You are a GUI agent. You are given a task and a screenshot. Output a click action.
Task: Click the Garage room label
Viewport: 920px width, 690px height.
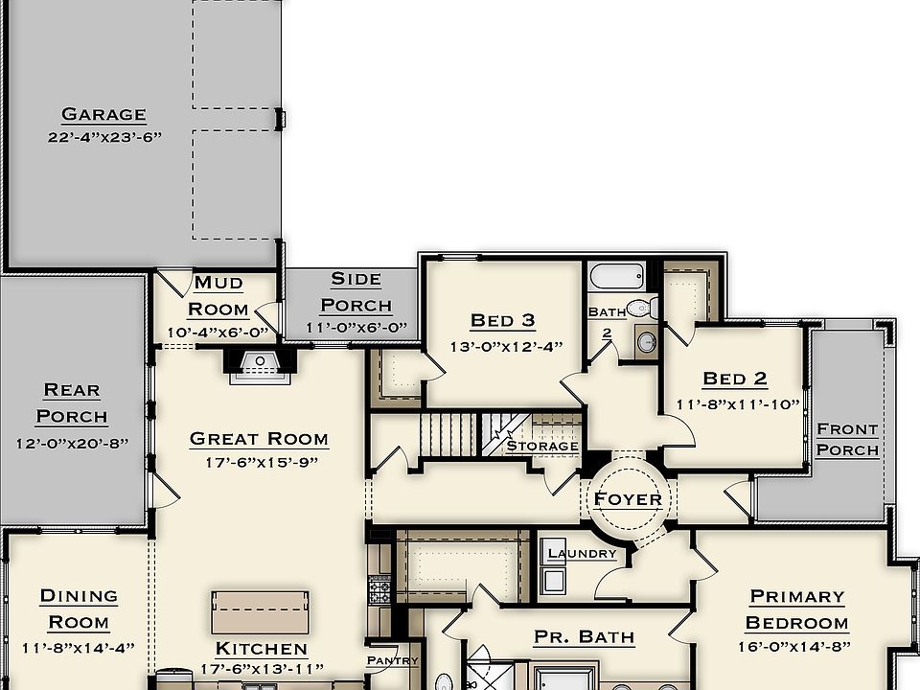(x=104, y=114)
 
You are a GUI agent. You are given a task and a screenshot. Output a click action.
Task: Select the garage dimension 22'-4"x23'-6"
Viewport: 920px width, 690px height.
(x=104, y=137)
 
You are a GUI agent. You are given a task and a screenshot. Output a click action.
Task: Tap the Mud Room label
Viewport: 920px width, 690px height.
(x=218, y=296)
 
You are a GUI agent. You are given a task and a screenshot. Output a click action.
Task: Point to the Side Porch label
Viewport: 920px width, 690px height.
(x=356, y=292)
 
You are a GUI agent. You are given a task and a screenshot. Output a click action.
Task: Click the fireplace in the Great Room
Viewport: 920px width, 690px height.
(x=258, y=366)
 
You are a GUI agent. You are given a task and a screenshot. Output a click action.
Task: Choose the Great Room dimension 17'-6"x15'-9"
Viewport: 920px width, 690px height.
(x=259, y=462)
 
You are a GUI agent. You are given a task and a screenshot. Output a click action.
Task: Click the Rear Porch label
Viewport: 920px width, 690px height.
(x=72, y=403)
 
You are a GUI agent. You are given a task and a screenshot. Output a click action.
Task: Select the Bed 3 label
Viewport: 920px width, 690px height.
(x=502, y=320)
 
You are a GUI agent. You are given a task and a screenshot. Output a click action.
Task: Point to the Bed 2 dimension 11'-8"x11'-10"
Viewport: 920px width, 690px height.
(x=737, y=404)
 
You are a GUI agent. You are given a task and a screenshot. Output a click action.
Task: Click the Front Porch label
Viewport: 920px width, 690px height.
(x=847, y=439)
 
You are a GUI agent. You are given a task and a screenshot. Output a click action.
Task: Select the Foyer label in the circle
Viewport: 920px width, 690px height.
(x=628, y=499)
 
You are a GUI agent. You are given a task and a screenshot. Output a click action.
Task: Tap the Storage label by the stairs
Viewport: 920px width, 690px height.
(x=542, y=446)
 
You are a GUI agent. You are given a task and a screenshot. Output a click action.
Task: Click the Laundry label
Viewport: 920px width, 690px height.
(x=582, y=554)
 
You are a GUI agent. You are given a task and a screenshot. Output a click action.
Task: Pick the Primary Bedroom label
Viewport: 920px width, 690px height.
(x=797, y=609)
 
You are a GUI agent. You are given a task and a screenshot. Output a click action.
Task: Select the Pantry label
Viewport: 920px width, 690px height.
(x=392, y=661)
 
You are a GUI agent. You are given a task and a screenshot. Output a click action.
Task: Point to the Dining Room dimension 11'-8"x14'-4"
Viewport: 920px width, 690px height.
(x=80, y=647)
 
